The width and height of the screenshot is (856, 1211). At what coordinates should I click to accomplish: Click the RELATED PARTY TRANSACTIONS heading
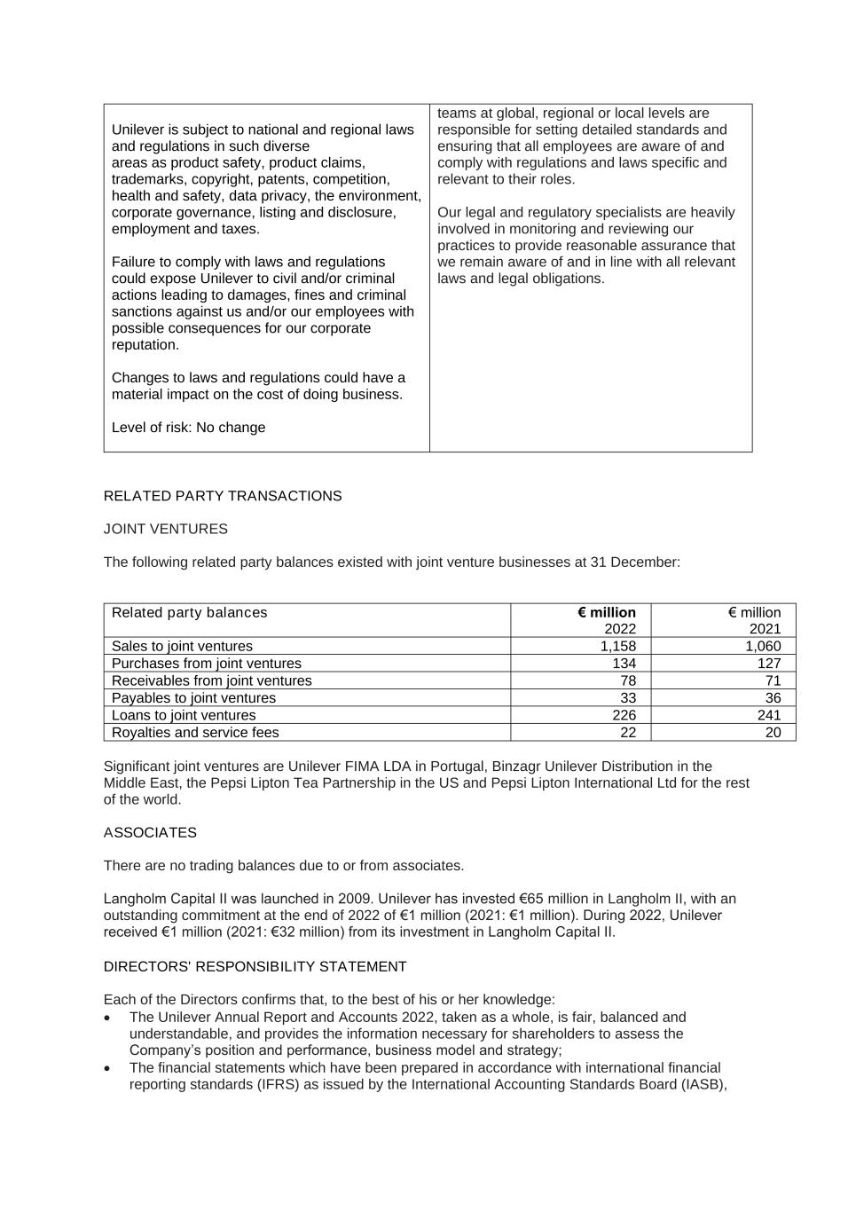click(223, 496)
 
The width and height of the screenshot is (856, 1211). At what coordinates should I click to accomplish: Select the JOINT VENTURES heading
click(166, 529)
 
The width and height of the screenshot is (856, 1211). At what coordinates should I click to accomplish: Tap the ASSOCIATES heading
click(150, 832)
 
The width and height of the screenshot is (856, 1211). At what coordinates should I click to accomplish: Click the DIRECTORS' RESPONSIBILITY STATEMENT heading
click(255, 966)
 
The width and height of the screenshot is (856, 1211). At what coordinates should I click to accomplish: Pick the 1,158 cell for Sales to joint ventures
click(618, 646)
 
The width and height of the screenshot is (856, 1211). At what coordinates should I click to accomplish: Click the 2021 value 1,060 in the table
click(763, 646)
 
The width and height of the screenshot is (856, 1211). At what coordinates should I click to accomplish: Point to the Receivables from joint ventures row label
click(212, 680)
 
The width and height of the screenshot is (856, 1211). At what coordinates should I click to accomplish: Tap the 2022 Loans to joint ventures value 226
click(624, 715)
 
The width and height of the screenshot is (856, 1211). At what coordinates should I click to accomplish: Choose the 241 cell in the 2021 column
click(769, 715)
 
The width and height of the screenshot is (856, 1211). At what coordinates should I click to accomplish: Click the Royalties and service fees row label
click(195, 732)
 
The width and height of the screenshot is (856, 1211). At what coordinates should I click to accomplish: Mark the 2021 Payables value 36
click(773, 697)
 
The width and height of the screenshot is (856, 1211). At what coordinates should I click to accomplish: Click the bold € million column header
click(607, 612)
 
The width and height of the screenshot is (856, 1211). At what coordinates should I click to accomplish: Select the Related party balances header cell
click(190, 612)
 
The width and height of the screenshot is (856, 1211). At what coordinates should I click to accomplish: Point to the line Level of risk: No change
click(189, 428)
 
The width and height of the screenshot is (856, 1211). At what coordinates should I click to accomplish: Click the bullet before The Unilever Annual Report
click(108, 1018)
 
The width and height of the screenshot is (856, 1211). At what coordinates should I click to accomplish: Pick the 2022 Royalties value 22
click(628, 732)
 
